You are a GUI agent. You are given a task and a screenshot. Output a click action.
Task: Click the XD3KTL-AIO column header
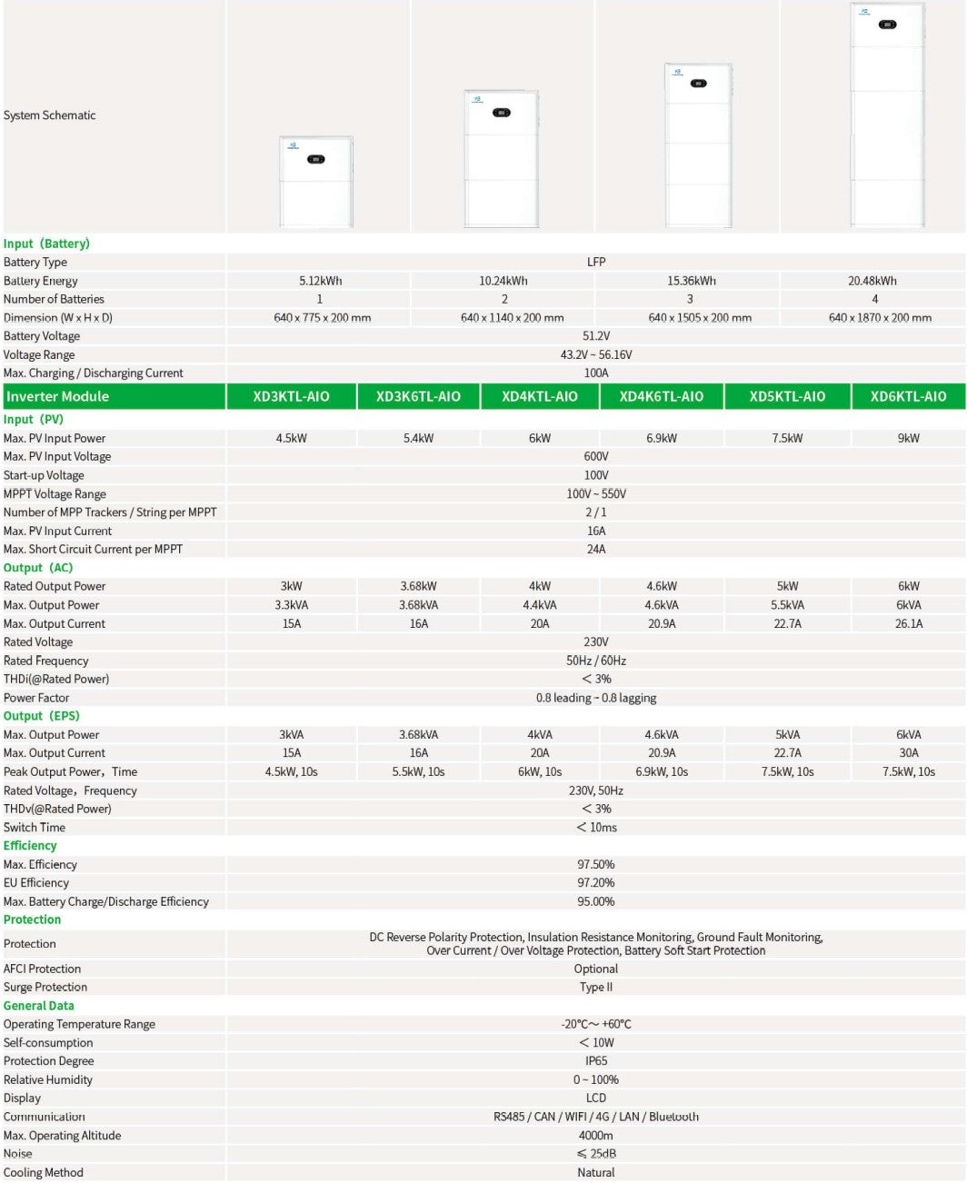pos(291,396)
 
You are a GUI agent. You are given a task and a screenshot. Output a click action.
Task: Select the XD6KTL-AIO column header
pos(908,396)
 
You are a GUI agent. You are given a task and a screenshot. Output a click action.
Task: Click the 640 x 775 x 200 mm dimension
pos(322,318)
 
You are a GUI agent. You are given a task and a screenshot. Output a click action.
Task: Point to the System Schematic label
pos(50,115)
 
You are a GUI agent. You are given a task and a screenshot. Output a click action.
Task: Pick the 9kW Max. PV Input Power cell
pos(908,438)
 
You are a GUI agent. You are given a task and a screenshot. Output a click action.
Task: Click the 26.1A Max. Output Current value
pos(908,623)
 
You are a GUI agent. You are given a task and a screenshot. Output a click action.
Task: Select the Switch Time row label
pos(35,828)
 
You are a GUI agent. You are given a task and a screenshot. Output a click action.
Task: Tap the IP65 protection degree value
pos(595,1061)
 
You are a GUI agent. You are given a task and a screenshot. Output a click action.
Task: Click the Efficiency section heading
pos(30,846)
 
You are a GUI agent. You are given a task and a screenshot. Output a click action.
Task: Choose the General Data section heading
pos(39,1006)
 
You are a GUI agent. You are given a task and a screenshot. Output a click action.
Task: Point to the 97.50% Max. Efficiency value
pos(595,865)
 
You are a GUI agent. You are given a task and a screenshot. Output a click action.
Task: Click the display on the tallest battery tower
pos(888,25)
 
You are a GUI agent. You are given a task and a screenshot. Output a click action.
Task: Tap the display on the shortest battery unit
pos(315,159)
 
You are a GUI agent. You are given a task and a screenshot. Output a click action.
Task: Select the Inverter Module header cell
pos(57,396)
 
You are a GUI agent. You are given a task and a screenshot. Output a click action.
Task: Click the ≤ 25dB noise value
pos(595,1154)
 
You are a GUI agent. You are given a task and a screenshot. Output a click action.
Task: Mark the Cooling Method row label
pos(44,1173)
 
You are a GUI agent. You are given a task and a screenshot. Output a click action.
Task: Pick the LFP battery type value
pos(595,262)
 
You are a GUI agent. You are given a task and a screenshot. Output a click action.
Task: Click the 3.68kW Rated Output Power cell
pos(418,586)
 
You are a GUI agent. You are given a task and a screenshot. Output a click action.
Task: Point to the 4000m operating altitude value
pos(595,1136)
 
